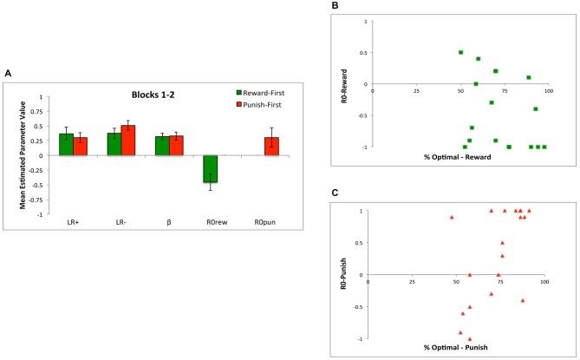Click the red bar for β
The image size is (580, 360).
pyautogui.click(x=177, y=145)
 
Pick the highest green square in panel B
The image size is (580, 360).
pyautogui.click(x=460, y=52)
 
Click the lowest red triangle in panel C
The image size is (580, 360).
pyautogui.click(x=470, y=338)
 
